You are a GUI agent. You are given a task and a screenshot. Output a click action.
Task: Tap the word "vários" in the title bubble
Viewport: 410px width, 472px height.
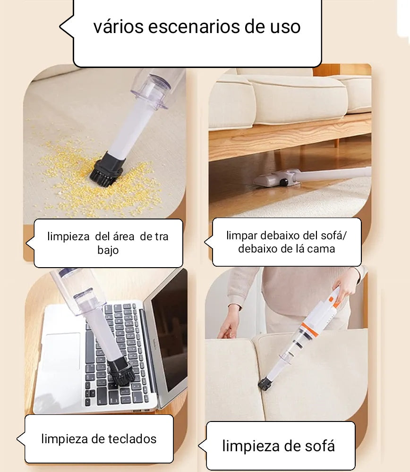(x=119, y=26)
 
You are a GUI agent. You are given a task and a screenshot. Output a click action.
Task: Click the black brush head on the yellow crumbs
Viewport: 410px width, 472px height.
(x=106, y=169)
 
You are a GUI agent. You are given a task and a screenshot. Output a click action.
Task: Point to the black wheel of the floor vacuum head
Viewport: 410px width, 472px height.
(x=284, y=182)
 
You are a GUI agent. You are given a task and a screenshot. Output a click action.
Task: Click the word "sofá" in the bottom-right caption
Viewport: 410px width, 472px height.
(x=320, y=446)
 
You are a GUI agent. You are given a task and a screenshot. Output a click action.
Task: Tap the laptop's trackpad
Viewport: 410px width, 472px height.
(x=63, y=351)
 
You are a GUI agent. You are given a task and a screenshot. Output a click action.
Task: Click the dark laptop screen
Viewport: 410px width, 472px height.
(x=169, y=329)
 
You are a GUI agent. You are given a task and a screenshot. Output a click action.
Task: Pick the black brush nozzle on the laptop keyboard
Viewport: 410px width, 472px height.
(x=121, y=371)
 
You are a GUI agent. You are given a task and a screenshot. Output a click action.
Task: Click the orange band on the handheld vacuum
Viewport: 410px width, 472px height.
(x=310, y=329)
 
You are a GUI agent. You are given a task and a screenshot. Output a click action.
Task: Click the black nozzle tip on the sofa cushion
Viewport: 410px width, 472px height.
(x=265, y=384)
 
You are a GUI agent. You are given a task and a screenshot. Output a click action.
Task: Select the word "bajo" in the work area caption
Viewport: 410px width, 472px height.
(x=108, y=250)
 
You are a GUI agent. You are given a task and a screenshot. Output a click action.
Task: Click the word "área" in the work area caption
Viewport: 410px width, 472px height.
(x=123, y=236)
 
